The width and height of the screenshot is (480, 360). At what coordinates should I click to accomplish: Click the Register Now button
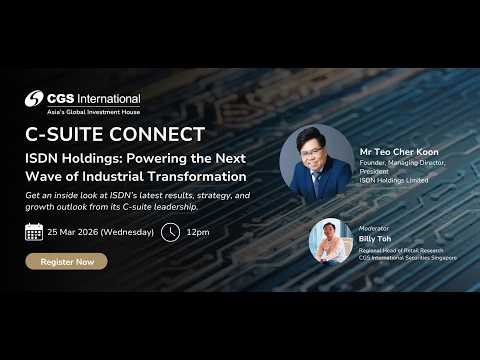66,261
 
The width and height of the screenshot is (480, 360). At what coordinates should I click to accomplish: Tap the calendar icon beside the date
34,232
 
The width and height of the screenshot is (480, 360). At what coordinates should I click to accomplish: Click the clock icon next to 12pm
171,232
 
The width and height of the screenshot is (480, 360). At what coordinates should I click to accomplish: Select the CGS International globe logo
37,99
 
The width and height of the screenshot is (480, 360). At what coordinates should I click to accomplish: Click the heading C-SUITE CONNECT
115,134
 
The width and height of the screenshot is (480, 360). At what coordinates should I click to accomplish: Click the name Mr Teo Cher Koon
398,152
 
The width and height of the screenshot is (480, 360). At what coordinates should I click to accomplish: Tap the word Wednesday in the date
127,232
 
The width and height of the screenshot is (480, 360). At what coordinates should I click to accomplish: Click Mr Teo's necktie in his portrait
315,183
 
